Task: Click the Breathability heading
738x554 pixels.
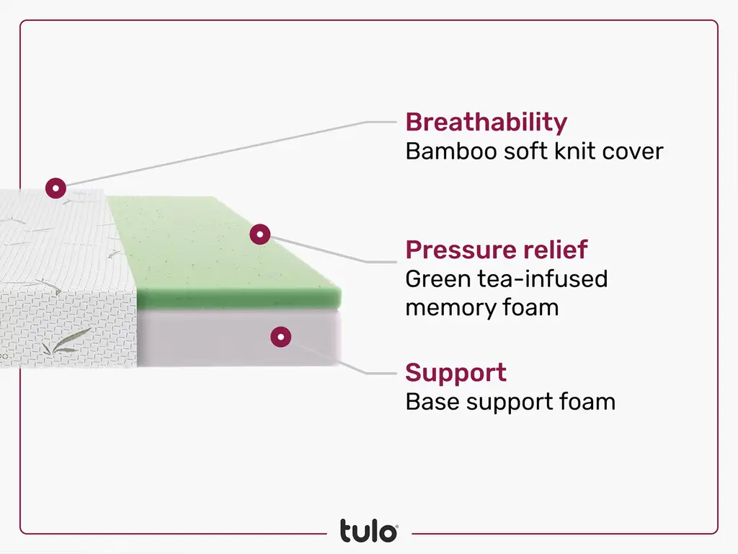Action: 486,123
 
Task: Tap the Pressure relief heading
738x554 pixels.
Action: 497,250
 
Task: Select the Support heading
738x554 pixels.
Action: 455,373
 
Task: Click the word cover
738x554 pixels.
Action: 631,151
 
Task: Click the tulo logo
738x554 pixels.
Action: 368,531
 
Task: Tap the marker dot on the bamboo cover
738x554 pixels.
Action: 55,188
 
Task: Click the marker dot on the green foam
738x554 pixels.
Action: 259,234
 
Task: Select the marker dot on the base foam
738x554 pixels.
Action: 281,336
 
